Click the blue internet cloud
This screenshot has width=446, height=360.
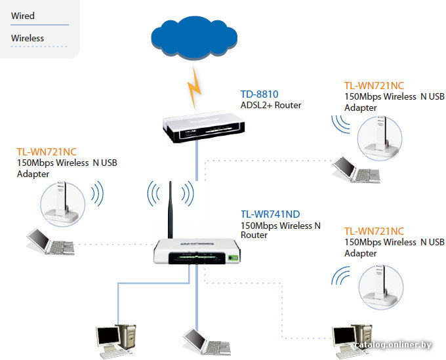click(x=194, y=37)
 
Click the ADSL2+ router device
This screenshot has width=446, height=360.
click(x=204, y=127)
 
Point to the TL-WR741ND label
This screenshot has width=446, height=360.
click(x=270, y=214)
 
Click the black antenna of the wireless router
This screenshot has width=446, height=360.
click(x=170, y=210)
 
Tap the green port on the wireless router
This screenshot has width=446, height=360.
click(x=233, y=258)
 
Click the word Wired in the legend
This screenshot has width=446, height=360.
click(x=23, y=16)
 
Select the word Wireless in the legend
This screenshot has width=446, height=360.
click(x=28, y=38)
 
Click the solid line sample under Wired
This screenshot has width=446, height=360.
click(x=39, y=25)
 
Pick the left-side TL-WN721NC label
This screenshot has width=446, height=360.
click(x=47, y=152)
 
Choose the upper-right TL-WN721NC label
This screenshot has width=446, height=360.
click(x=374, y=86)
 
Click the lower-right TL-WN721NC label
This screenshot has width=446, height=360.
click(x=374, y=231)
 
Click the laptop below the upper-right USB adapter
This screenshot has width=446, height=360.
click(x=356, y=169)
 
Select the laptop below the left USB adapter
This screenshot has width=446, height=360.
click(x=51, y=241)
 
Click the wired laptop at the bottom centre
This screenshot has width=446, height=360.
click(x=207, y=342)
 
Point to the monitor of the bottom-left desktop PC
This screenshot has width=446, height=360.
click(x=108, y=336)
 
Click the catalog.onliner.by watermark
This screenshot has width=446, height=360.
click(x=393, y=345)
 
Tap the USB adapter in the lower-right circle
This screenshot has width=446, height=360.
click(x=380, y=286)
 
